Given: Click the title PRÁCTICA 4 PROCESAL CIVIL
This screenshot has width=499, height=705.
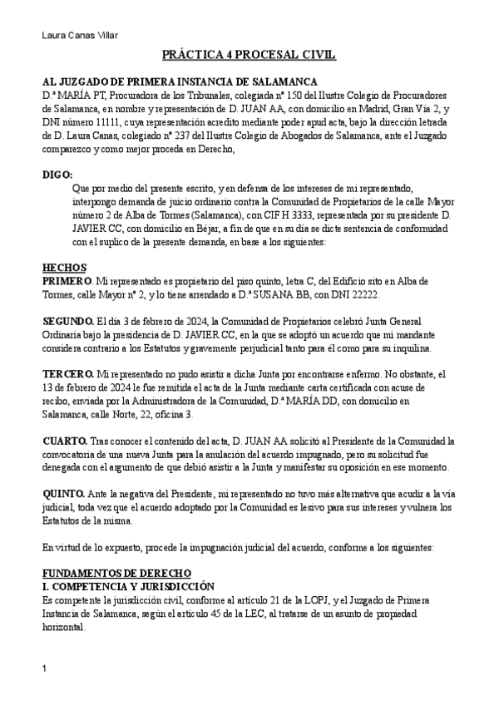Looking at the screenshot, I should [249, 56].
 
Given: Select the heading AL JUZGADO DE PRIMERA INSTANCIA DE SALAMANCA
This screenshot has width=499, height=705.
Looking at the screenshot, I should [179, 81].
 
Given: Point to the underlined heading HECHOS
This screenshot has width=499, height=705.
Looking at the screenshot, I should [63, 268].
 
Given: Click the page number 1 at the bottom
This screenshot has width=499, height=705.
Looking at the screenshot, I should [45, 668].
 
